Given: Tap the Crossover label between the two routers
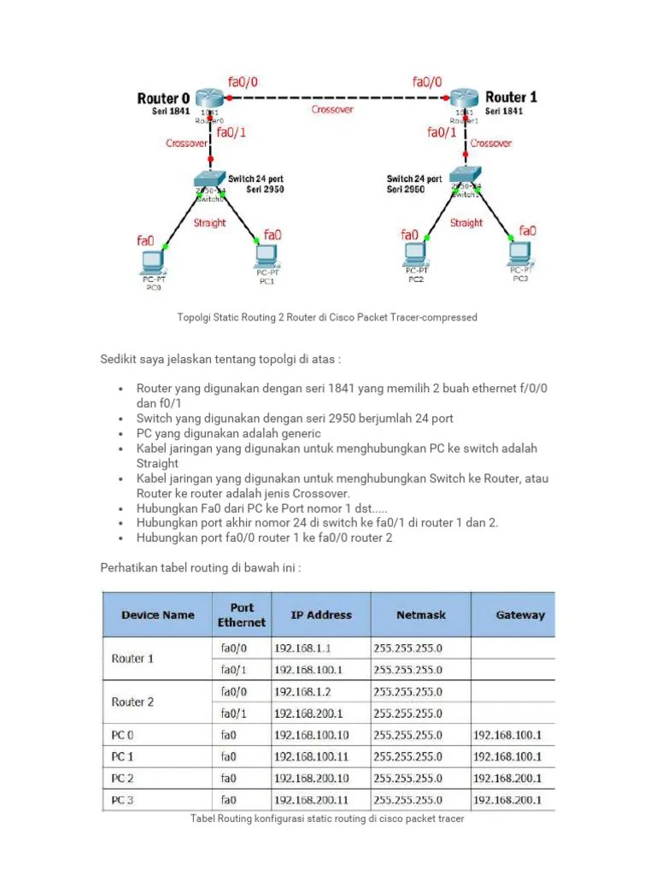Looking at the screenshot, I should (332, 110).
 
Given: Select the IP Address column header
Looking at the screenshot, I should (321, 614).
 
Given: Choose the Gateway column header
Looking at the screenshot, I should (520, 614).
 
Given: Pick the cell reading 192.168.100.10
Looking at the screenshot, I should (312, 735).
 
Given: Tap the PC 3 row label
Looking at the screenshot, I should (123, 801).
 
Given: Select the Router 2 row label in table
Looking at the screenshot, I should (133, 702).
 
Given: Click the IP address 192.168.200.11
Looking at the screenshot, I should (312, 801).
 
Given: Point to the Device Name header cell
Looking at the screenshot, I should (158, 614).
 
